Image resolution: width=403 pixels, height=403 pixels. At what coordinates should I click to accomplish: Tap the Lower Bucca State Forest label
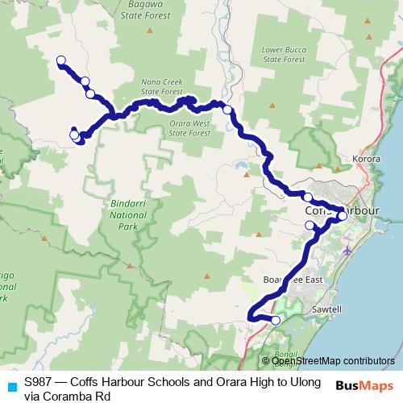click(284, 54)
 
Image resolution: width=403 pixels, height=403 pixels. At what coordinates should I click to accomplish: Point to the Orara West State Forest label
click(189, 128)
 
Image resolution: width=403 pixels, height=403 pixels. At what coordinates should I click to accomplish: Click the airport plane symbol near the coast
click(347, 250)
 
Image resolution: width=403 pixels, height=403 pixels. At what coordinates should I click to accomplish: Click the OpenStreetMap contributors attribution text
click(333, 361)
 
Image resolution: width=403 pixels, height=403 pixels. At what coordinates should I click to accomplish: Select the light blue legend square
click(10, 385)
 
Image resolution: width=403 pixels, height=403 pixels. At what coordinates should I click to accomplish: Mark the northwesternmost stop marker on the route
click(60, 60)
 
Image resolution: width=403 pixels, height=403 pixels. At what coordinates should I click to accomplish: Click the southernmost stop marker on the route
click(276, 321)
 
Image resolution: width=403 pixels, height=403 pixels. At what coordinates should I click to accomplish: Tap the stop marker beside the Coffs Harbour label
click(343, 215)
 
